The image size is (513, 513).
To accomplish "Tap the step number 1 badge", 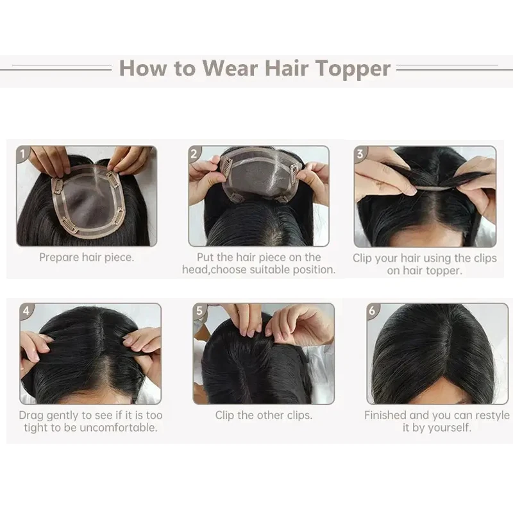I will point(24,154).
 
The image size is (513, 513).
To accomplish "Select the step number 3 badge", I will point(361,154).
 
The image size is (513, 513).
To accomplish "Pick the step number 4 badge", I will point(26,311).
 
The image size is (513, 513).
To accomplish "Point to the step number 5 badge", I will point(200,311).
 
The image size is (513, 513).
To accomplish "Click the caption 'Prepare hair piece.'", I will point(87,257).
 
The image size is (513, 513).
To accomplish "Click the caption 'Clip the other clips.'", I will point(264,415).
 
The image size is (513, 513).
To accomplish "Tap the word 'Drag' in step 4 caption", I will point(32,415).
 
